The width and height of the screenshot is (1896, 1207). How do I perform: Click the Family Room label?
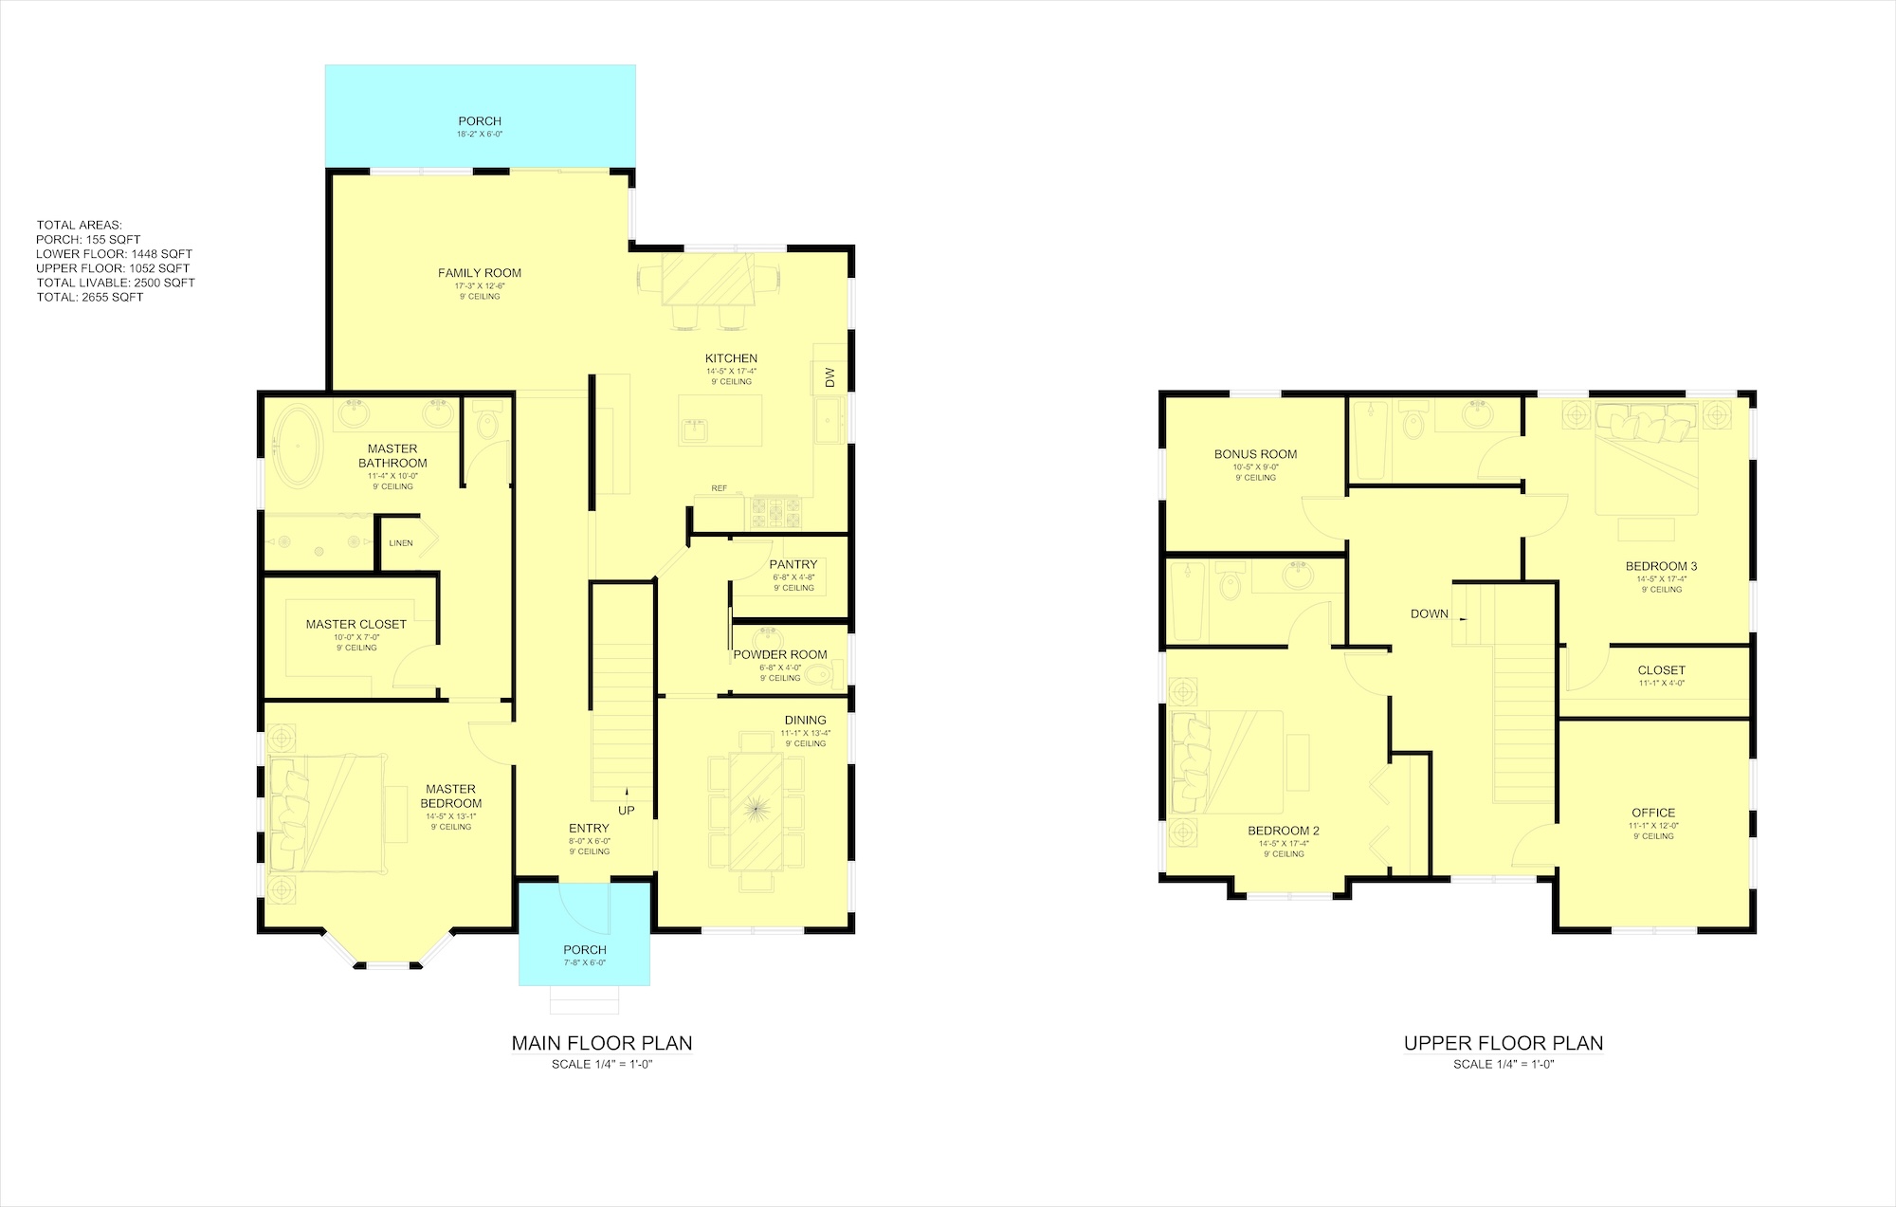(480, 273)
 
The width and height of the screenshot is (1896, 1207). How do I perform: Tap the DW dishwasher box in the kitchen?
(829, 377)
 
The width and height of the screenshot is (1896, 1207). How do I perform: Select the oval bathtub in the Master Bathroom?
(298, 447)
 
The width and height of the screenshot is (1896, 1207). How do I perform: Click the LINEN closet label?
(401, 543)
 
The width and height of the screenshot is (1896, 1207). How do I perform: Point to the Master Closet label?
(356, 624)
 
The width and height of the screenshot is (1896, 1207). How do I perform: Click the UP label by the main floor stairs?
(627, 811)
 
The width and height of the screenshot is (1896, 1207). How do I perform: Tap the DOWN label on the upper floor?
(1430, 613)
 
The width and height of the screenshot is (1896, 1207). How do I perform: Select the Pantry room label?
(793, 564)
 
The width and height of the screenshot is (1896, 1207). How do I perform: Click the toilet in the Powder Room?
(821, 675)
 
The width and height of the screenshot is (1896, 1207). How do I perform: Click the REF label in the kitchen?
(720, 488)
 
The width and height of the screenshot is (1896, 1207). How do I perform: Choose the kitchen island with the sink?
(720, 420)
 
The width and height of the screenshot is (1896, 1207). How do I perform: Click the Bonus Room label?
(1256, 454)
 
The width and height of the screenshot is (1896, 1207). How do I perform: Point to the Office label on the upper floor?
(1653, 813)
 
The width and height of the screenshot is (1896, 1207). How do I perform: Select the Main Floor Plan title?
(602, 1043)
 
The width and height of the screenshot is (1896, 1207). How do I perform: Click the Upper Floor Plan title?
(1504, 1043)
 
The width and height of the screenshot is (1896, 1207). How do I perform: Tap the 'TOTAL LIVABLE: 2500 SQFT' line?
(116, 283)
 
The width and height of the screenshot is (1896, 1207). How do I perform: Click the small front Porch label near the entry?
(585, 949)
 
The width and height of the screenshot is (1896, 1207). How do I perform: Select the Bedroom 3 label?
(1662, 566)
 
